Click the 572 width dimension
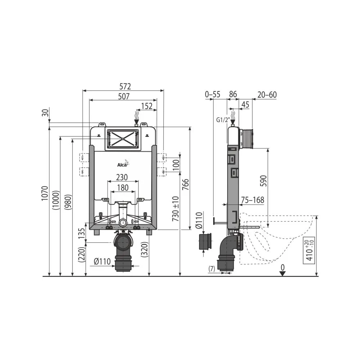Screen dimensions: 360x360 coord(125,86)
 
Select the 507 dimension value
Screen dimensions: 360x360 coord(124,96)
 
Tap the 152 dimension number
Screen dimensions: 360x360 coord(147,106)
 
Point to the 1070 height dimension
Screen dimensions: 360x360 coord(45,193)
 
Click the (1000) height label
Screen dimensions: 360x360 coord(56,200)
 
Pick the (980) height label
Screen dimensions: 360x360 coord(68,202)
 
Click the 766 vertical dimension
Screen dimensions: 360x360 coord(185,184)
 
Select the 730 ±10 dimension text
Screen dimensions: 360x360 coord(176,209)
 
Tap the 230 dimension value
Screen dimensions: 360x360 coord(122,177)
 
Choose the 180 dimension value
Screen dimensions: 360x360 coord(123,188)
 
